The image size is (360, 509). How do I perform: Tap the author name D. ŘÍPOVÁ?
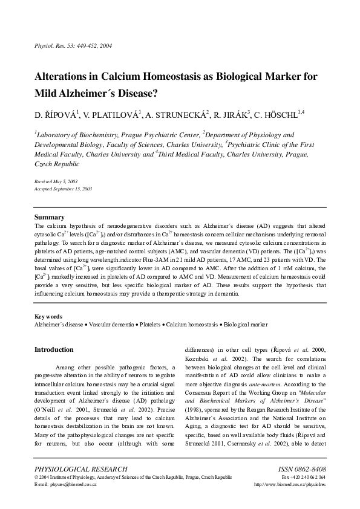pos(56,113)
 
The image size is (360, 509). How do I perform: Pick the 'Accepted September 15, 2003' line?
pos(64,189)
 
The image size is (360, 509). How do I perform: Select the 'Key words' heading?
pos(48,317)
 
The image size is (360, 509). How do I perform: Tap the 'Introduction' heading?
pos(54,349)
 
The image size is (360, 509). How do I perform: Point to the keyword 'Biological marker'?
pos(246,325)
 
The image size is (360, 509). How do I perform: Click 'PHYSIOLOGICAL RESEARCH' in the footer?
pos(81,468)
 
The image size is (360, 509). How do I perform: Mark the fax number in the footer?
pos(304,477)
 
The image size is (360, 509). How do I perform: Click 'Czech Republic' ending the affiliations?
pos(57,164)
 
